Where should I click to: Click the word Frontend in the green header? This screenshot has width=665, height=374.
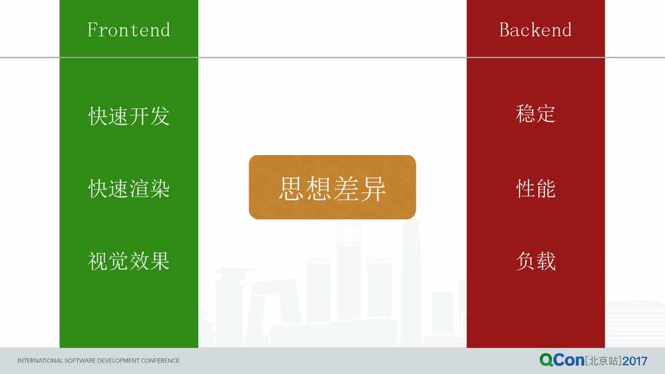[129, 30]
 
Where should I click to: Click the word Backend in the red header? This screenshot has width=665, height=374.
[535, 30]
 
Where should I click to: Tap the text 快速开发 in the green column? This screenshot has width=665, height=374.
[129, 116]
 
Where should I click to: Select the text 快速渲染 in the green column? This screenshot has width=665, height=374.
[129, 188]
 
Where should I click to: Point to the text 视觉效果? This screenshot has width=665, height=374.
[129, 261]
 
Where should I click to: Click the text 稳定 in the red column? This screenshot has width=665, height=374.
[535, 114]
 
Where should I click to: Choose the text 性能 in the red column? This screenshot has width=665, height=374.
[535, 188]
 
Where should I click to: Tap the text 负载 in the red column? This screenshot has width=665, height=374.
[535, 261]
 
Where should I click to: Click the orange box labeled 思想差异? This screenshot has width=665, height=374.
[332, 187]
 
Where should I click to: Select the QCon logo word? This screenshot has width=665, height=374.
[562, 360]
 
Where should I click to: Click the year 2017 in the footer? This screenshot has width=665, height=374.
[635, 361]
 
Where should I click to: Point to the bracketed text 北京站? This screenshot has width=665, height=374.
[603, 361]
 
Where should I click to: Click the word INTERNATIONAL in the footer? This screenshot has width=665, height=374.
[40, 360]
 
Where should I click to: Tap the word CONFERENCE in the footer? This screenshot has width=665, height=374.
[160, 360]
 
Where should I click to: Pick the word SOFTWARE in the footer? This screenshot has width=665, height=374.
[80, 360]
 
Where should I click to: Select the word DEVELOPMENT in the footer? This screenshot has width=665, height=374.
[118, 360]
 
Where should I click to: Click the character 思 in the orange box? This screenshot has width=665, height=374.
[292, 188]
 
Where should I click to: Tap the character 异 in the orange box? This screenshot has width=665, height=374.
[373, 188]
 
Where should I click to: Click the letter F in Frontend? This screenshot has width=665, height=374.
[92, 30]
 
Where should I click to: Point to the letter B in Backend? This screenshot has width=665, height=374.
[505, 30]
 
